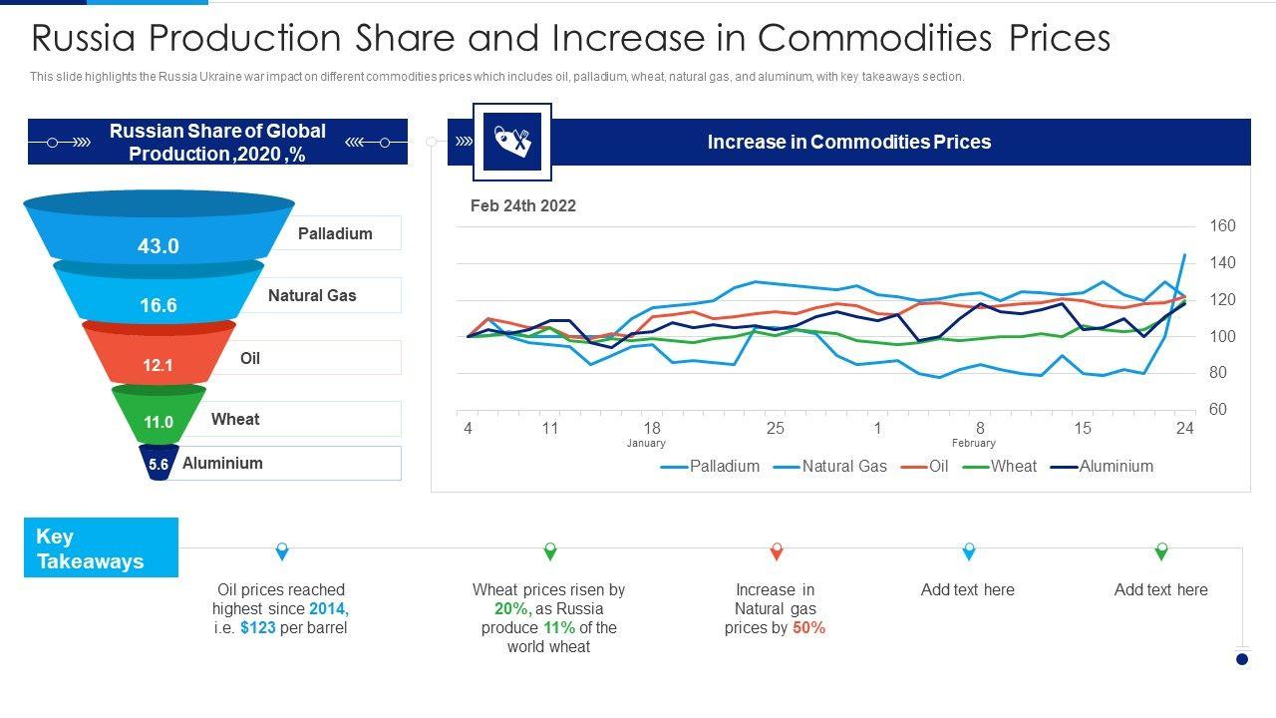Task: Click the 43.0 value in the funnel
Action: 159,245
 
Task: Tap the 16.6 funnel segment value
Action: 159,305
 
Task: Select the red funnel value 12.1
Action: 158,365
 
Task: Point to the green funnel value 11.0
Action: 159,422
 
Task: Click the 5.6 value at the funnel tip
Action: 159,464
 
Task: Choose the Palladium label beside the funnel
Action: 335,233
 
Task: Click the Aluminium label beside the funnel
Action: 222,463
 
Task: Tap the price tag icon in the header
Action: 511,142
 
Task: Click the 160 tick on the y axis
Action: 1222,225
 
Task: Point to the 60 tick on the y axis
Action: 1217,409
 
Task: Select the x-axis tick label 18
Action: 651,428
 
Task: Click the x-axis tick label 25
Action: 775,428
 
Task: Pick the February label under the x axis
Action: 973,443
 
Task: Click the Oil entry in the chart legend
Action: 938,466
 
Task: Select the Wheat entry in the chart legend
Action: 1013,466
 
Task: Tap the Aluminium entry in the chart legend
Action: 1116,466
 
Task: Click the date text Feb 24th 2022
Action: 523,205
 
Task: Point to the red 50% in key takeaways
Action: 808,627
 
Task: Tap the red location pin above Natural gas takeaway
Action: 777,551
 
